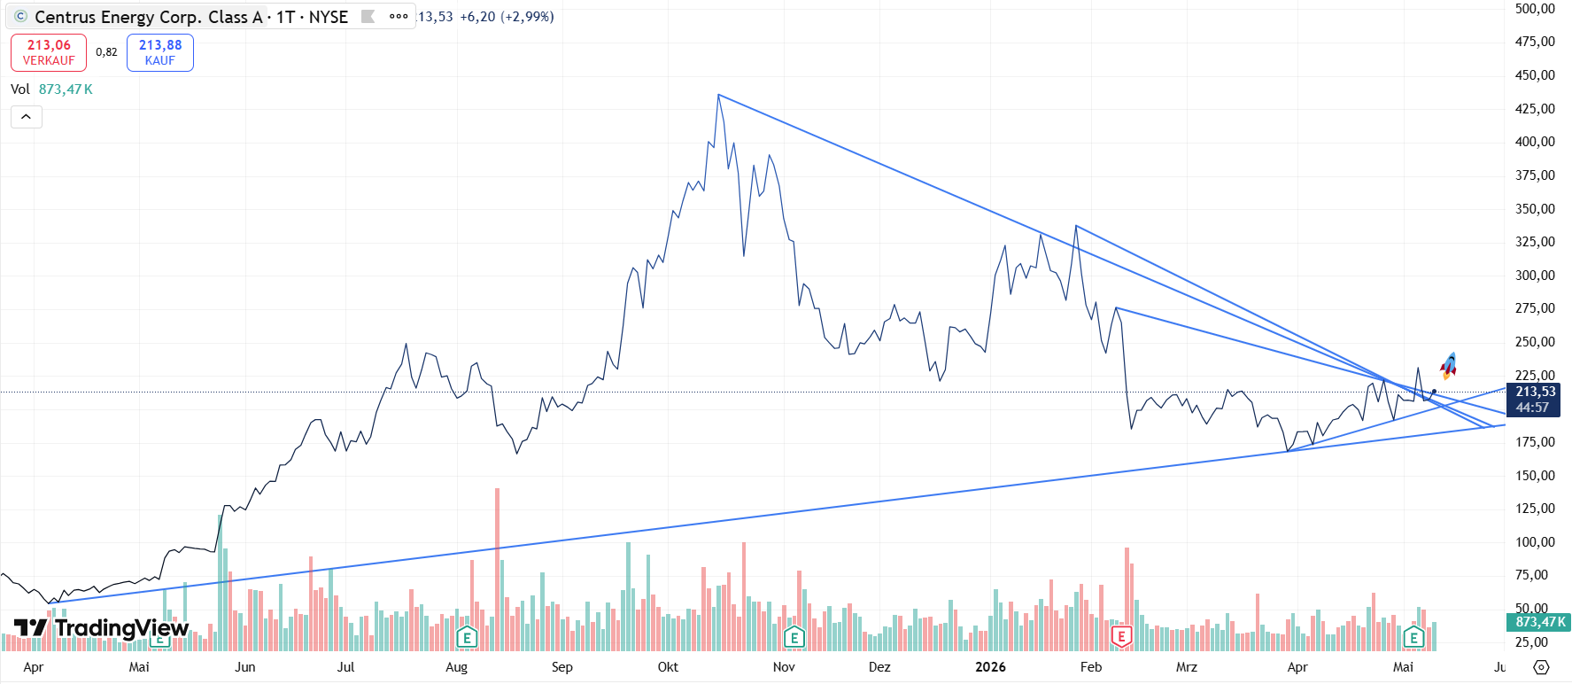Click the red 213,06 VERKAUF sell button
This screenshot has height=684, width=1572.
(x=49, y=52)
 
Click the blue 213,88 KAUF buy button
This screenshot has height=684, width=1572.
(x=160, y=52)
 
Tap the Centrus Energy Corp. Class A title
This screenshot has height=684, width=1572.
(x=149, y=17)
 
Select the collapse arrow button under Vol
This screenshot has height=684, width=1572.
(x=27, y=117)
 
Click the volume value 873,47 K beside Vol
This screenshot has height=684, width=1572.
(x=66, y=89)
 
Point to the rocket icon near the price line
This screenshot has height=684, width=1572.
(x=1448, y=365)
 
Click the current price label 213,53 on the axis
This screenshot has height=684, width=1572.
(x=1536, y=392)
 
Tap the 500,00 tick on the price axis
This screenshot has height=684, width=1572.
(x=1535, y=9)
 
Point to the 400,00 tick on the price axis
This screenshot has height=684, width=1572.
(x=1535, y=142)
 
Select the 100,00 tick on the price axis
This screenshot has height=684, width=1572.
(x=1535, y=541)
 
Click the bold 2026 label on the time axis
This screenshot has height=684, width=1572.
(x=990, y=666)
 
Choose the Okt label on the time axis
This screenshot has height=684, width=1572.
(x=668, y=666)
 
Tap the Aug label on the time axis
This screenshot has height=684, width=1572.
(x=456, y=666)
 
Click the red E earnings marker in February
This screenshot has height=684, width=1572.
(x=1122, y=636)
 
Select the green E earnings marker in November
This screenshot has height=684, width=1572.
(x=794, y=636)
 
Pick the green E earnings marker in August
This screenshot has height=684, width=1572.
(x=467, y=636)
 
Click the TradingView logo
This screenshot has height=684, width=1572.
(x=102, y=628)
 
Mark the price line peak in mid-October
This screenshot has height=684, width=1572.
(x=718, y=95)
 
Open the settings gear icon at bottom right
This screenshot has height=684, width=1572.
(x=1541, y=667)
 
